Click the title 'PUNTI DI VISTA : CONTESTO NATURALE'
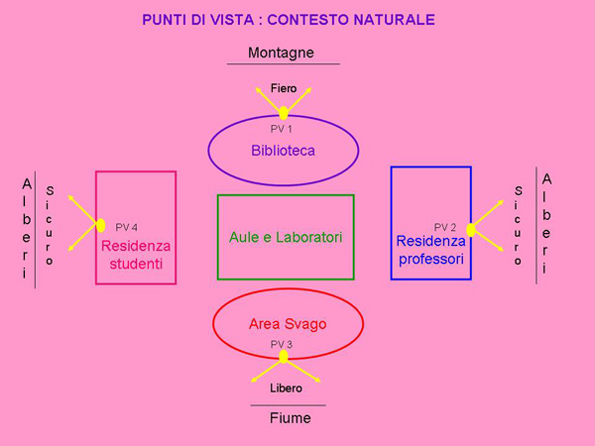coord(289,20)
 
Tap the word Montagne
coord(283,53)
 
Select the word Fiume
coord(290,418)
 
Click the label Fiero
coord(284,89)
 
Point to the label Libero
coord(286,388)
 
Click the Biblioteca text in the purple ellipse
coord(283,151)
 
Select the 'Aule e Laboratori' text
coord(285,238)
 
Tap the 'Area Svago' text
coord(287,324)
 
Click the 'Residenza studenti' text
coord(136,255)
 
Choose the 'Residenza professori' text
coord(430,249)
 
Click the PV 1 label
coord(282,129)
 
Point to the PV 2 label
coord(445,227)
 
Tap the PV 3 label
coord(282,344)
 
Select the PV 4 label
coord(127,227)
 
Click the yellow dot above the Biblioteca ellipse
coord(284,113)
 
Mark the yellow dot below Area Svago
coord(284,357)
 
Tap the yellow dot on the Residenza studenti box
coord(100,225)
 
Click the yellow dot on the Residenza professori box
coord(471,230)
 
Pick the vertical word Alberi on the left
coord(27,228)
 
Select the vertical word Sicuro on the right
coord(518,225)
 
